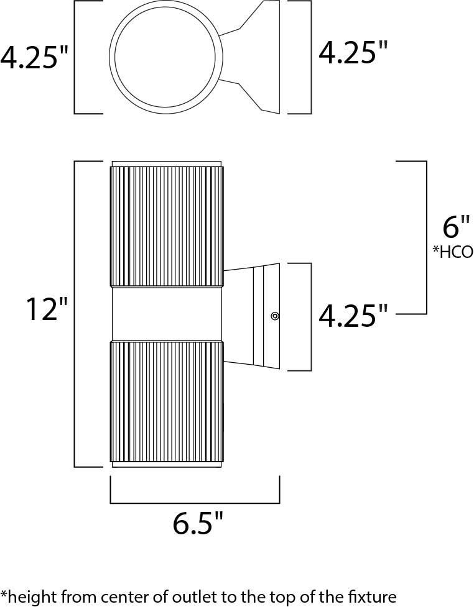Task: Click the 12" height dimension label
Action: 47,309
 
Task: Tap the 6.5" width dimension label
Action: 198,523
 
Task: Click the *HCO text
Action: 453,252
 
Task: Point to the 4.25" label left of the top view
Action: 34,57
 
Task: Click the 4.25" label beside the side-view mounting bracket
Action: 353,316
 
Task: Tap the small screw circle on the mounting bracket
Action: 275,316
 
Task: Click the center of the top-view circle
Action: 165,57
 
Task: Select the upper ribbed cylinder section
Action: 167,226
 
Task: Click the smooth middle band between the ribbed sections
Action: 167,314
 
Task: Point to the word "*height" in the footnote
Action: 27,596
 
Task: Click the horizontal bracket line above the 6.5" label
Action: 195,503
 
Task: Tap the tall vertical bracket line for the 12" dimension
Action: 75,314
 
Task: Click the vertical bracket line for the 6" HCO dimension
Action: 427,237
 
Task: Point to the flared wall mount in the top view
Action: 256,57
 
